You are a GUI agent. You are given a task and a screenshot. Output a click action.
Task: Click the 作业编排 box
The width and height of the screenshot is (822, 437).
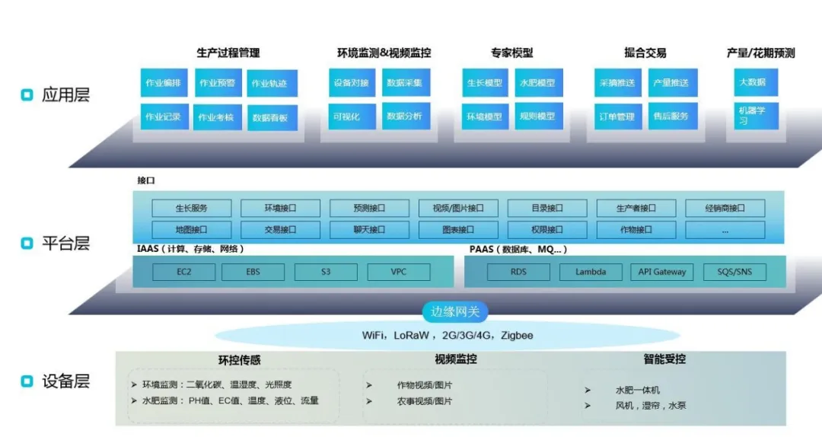coord(164,82)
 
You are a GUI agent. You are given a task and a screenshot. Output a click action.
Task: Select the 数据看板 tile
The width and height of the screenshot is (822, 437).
coord(271,118)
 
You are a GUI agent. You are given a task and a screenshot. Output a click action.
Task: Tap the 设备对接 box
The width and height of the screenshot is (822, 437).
coord(351,82)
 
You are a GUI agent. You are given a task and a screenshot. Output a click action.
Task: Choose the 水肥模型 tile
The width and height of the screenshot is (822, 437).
coord(538,82)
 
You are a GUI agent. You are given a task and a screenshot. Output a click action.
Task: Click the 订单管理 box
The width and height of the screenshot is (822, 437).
coord(617,116)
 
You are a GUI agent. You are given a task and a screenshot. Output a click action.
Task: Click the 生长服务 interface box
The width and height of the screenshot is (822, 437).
coord(191,208)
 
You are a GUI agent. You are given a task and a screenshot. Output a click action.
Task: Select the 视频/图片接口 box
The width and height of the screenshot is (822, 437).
coord(457,208)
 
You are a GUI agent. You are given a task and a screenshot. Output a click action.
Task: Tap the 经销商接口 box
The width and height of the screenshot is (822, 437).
coord(724,208)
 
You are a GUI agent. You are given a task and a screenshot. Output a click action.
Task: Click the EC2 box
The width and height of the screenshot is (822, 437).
coord(184,272)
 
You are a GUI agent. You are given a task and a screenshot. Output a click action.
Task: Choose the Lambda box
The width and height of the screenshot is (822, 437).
coord(591,272)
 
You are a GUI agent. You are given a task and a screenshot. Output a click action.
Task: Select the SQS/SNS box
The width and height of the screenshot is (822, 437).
coord(734,272)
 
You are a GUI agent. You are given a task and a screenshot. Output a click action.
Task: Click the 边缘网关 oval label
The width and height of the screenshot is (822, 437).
coord(455,311)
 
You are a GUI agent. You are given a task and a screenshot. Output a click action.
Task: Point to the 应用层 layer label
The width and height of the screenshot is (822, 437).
coord(65,95)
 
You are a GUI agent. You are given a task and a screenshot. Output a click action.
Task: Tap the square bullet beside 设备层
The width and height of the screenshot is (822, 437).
coord(27,381)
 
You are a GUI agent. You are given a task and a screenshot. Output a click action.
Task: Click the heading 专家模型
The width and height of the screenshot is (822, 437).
coord(511,53)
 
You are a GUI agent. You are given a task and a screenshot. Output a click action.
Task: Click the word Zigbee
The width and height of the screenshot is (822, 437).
coord(517,335)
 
